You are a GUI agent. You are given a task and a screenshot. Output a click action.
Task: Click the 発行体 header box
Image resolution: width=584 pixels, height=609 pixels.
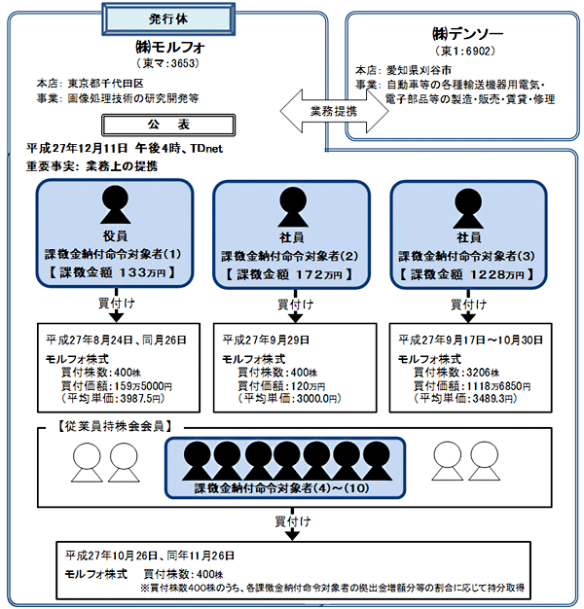(x=164, y=18)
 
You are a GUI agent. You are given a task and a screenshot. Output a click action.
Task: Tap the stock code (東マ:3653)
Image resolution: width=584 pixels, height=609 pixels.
(x=164, y=63)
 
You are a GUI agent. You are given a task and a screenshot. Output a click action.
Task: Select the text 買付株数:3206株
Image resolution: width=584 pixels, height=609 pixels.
(x=455, y=372)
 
